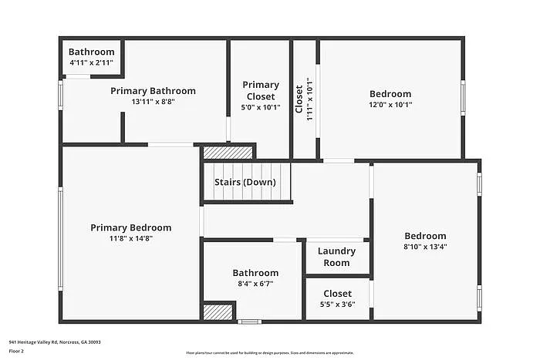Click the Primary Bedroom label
130,227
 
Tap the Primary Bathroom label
153,91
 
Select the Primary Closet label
261,90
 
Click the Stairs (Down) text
245,183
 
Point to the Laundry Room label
336,257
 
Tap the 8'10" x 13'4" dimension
425,247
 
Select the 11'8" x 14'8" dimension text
130,238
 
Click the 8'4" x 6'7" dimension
255,284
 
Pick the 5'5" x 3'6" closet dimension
337,304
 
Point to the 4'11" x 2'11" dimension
91,62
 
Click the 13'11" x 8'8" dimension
153,102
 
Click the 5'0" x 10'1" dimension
261,107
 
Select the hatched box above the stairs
228,153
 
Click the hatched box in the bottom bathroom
218,311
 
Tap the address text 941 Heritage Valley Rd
55,341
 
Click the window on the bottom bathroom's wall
248,321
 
